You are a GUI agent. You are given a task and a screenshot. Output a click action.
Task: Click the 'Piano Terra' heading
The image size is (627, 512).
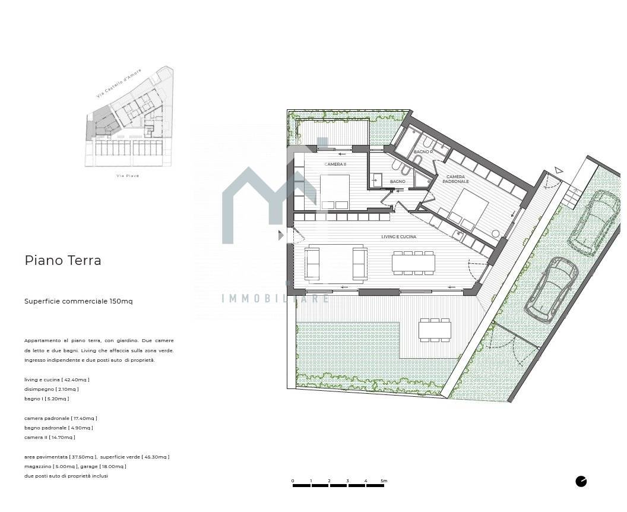[63, 260]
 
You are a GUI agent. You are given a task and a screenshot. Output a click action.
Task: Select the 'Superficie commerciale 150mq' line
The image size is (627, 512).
[78, 301]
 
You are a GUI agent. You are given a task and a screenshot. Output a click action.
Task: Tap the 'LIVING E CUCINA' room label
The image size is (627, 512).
[398, 237]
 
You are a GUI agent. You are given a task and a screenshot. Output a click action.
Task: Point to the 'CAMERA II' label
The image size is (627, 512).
[335, 164]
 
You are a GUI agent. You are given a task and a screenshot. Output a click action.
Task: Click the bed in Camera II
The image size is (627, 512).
[334, 192]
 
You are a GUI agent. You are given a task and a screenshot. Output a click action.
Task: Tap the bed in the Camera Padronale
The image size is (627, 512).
[467, 209]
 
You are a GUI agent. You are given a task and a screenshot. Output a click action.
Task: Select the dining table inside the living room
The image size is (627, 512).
[413, 263]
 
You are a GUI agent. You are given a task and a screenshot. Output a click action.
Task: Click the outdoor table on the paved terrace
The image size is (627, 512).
[435, 330]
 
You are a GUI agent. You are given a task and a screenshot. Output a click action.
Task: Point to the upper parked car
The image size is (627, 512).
[594, 222]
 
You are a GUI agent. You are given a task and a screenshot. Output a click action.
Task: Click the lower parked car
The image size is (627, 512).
[552, 289]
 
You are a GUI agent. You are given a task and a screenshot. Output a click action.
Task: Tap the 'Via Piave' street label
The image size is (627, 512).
[128, 176]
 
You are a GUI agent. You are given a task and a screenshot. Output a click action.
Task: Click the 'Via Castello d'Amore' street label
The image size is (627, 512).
[119, 84]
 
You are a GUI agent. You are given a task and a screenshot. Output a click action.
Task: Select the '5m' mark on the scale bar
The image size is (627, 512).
[384, 481]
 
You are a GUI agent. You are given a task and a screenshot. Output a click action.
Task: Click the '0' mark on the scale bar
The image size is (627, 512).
[293, 481]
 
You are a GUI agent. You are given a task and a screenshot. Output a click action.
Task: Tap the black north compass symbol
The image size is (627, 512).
[581, 481]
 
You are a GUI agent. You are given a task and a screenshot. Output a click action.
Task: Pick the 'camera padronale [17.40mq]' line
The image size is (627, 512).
[61, 418]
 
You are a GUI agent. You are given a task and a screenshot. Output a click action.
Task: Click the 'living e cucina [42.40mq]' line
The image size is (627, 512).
[57, 380]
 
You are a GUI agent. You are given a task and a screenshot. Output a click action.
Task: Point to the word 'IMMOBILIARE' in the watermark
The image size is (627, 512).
[275, 298]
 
